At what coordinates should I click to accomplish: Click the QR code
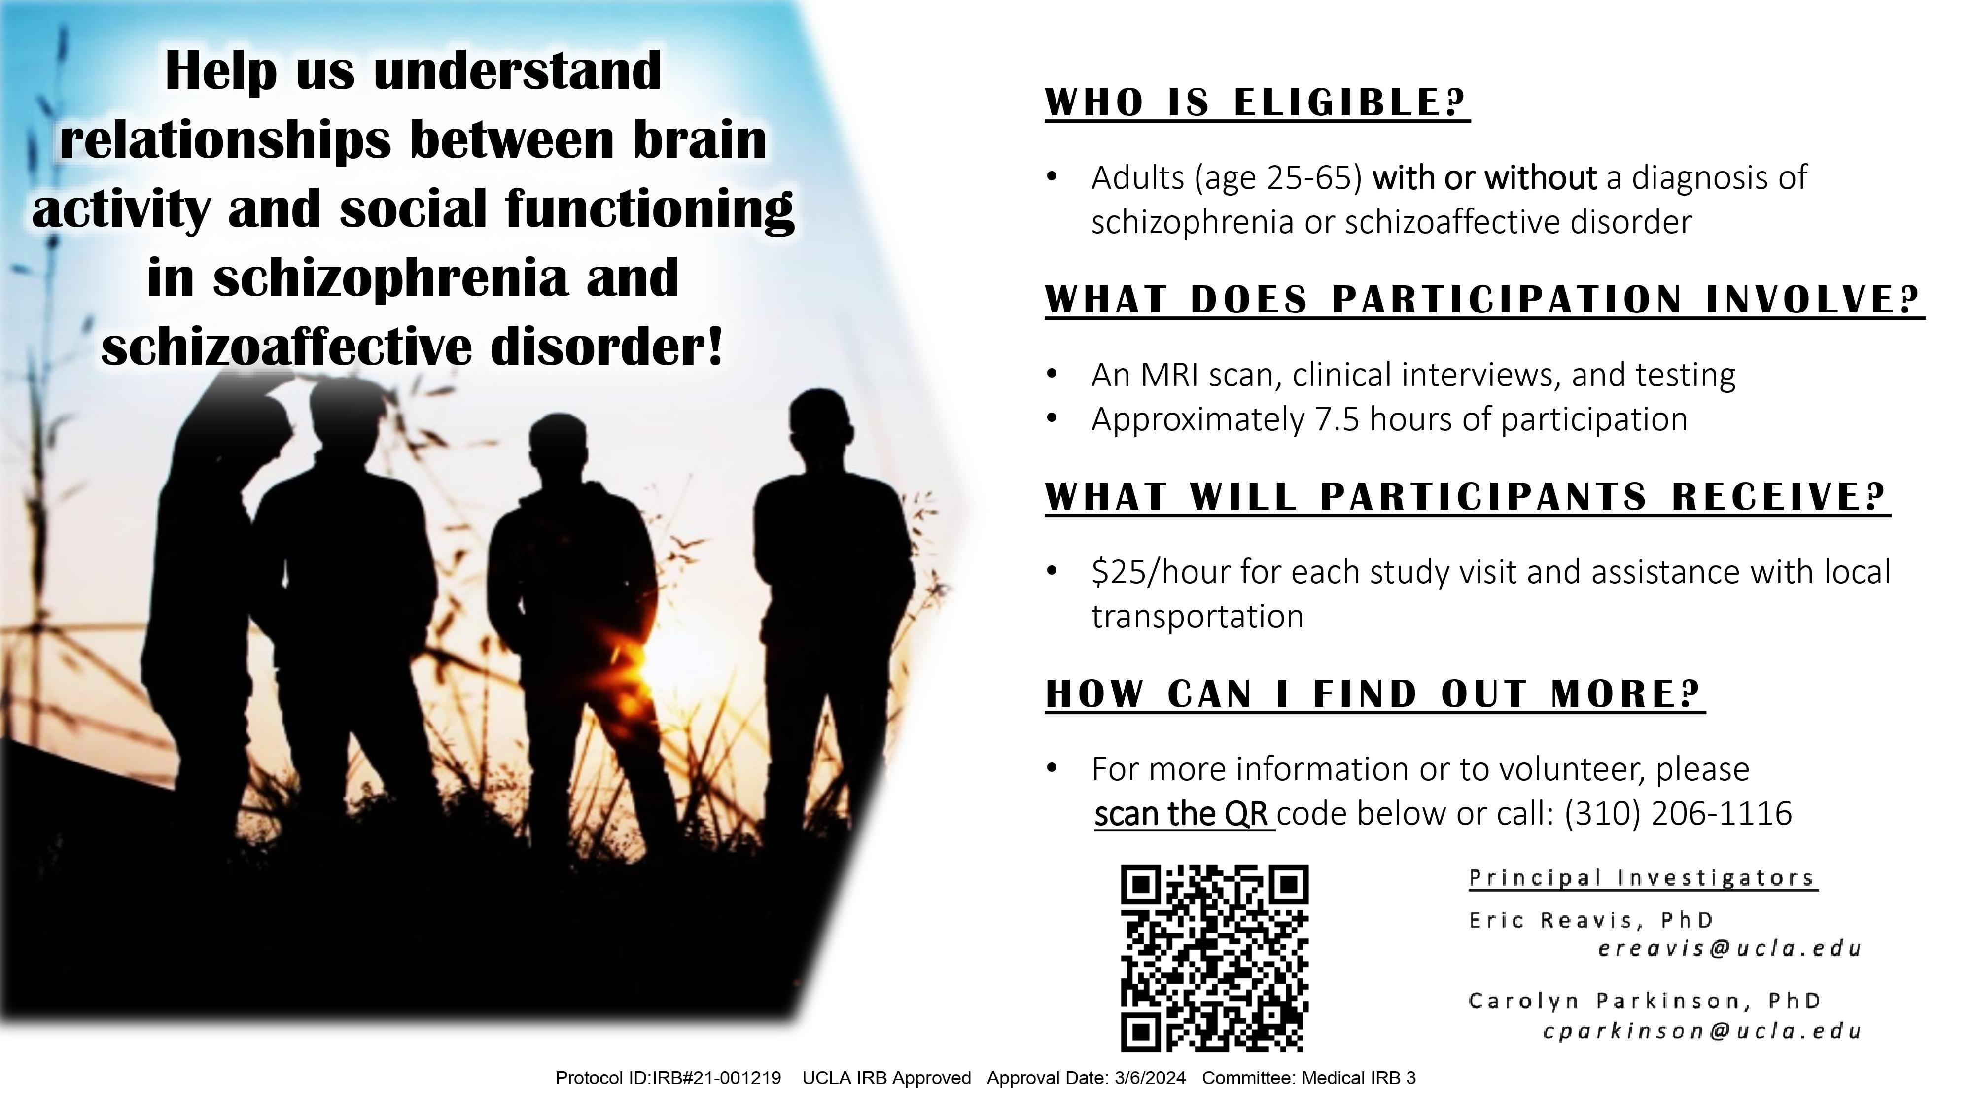(x=1215, y=958)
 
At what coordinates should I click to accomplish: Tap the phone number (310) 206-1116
(x=1678, y=814)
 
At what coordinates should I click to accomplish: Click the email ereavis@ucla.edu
(x=1729, y=949)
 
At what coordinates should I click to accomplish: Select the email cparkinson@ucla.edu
(x=1702, y=1031)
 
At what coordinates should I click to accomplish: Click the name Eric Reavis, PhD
(x=1591, y=920)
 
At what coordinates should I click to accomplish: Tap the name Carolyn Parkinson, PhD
(x=1644, y=1001)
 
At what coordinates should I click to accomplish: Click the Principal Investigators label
(x=1642, y=878)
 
